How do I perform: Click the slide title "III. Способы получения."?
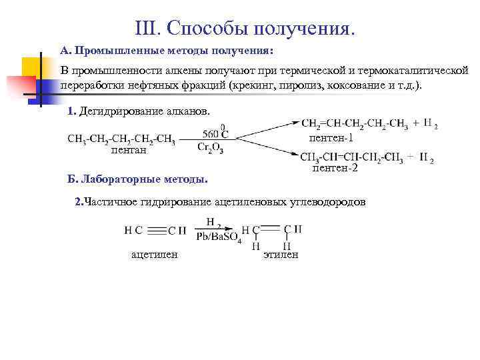245,27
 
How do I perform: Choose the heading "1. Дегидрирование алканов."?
139,111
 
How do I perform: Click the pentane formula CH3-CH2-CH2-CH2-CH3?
121,139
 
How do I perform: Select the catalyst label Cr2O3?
211,148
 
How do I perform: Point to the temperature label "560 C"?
212,132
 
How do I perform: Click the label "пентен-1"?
331,139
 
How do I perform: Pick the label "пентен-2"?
335,169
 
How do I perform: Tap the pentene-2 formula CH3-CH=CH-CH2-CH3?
351,157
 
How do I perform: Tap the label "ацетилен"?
154,255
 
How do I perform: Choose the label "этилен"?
281,255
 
